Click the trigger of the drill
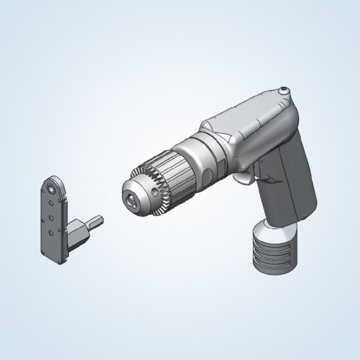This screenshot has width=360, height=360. click(244, 178)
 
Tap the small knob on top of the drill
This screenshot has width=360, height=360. click(283, 91)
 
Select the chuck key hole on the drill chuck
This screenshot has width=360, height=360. click(157, 193)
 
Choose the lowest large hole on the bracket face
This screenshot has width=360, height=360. click(52, 230)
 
